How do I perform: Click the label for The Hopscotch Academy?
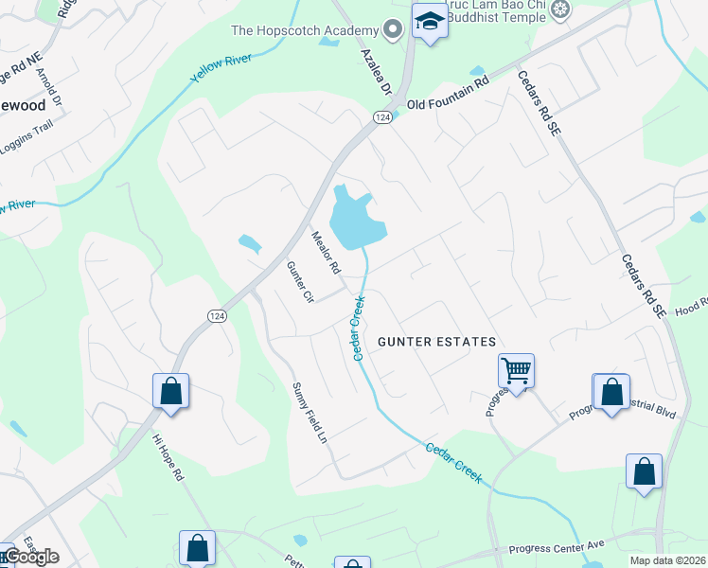point(305,31)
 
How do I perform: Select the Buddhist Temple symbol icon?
point(562,10)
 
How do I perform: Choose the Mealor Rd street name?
point(326,252)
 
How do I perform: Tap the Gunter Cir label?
point(299,282)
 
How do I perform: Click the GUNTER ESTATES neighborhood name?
point(436,341)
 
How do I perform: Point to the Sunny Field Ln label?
point(313,416)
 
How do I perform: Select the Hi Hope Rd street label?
point(168,458)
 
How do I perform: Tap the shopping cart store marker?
point(516,370)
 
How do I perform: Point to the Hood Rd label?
point(691,306)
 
